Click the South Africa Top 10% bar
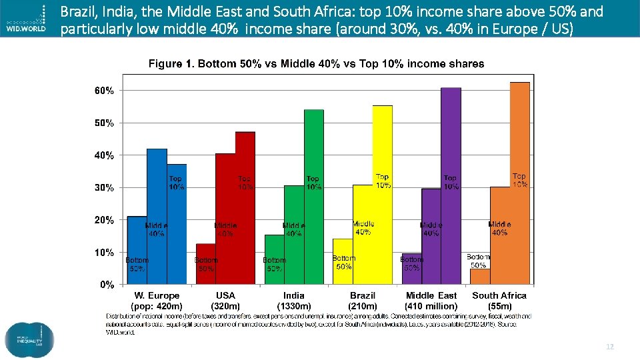519,133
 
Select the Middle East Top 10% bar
451,133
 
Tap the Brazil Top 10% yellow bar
382,140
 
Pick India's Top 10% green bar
313,147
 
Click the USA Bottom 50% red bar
205,273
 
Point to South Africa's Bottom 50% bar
480,277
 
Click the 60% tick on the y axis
103,90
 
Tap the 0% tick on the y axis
107,285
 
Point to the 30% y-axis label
103,188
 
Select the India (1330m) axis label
294,301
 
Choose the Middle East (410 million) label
431,301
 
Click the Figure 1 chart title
316,64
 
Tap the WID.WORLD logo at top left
27,19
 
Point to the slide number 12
609,347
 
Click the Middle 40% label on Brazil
363,228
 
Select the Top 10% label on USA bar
245,183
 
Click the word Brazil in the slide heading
77,11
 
